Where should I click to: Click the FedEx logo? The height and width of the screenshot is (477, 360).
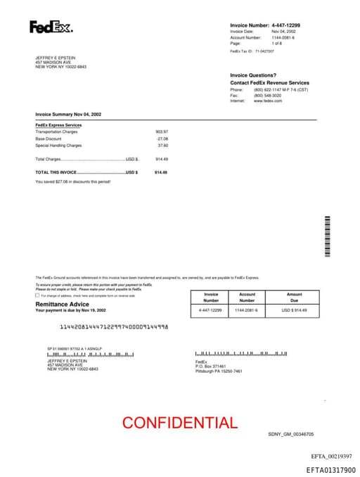click(51, 27)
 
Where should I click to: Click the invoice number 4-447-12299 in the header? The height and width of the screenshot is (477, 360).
click(290, 25)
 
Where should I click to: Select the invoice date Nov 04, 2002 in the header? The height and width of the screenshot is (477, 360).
click(283, 32)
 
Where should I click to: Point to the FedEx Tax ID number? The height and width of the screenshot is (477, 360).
click(264, 51)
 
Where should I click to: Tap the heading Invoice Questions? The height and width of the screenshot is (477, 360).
click(253, 75)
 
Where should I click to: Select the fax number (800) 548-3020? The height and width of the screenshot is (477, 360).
click(267, 96)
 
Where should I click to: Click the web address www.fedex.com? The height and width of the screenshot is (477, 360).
click(268, 101)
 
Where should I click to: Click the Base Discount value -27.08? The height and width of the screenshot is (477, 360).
click(162, 139)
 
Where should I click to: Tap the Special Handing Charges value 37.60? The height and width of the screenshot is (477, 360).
click(163, 146)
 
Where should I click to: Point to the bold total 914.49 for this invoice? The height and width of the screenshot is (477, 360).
click(161, 172)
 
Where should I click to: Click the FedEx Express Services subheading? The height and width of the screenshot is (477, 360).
click(58, 125)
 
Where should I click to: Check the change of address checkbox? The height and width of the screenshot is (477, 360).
click(37, 295)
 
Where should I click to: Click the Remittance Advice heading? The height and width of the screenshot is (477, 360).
click(63, 304)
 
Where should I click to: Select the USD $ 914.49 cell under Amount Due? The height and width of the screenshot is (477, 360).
click(295, 310)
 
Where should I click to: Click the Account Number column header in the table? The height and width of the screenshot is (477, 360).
click(247, 297)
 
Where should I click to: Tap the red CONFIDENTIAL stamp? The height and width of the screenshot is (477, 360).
click(180, 423)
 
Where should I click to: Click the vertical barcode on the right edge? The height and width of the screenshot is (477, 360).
click(327, 236)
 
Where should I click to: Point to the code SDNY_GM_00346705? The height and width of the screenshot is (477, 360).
click(291, 435)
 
